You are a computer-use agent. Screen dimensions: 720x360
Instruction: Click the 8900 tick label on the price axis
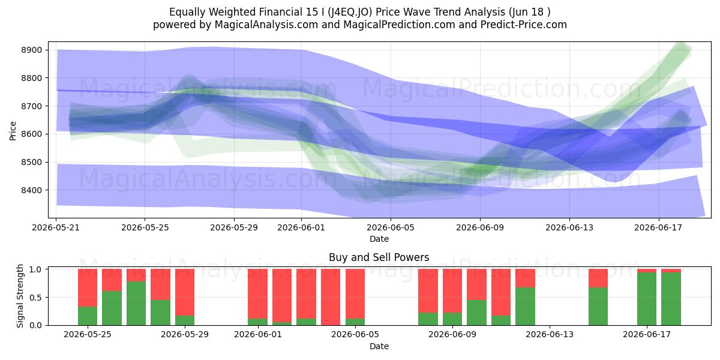click(x=31, y=50)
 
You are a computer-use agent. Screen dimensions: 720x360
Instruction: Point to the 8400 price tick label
click(x=31, y=190)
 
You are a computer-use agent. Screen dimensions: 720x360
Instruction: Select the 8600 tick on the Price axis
click(x=31, y=134)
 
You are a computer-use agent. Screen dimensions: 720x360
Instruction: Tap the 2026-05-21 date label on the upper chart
click(x=56, y=227)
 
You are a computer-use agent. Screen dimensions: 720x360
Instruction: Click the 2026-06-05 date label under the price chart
click(x=391, y=227)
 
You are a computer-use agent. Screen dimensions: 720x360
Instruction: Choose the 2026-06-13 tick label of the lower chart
click(x=550, y=335)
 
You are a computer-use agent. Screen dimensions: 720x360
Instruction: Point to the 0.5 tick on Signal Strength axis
click(x=35, y=298)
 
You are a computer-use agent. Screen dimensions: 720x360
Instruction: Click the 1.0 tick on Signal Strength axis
click(x=35, y=269)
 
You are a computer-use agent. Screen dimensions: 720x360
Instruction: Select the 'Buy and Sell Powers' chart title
click(x=379, y=257)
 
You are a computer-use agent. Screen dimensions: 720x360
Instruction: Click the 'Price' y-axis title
click(x=13, y=131)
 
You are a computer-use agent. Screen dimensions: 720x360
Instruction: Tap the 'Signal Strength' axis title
click(x=20, y=296)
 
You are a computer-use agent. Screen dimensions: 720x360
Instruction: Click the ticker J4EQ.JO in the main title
click(x=350, y=12)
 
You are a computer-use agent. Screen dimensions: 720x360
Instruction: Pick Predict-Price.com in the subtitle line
click(x=524, y=25)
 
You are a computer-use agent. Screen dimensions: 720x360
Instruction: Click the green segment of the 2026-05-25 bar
click(x=88, y=316)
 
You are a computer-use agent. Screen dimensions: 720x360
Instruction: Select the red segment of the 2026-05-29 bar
click(x=185, y=292)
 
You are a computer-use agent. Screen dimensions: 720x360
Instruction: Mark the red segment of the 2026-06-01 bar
click(x=257, y=294)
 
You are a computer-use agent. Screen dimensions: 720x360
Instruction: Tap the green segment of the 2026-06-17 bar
click(x=647, y=299)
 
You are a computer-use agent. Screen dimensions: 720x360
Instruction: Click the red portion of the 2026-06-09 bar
click(x=452, y=291)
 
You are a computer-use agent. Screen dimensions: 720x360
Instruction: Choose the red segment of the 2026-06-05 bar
click(x=355, y=294)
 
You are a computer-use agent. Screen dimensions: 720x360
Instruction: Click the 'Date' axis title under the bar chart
click(x=379, y=346)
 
